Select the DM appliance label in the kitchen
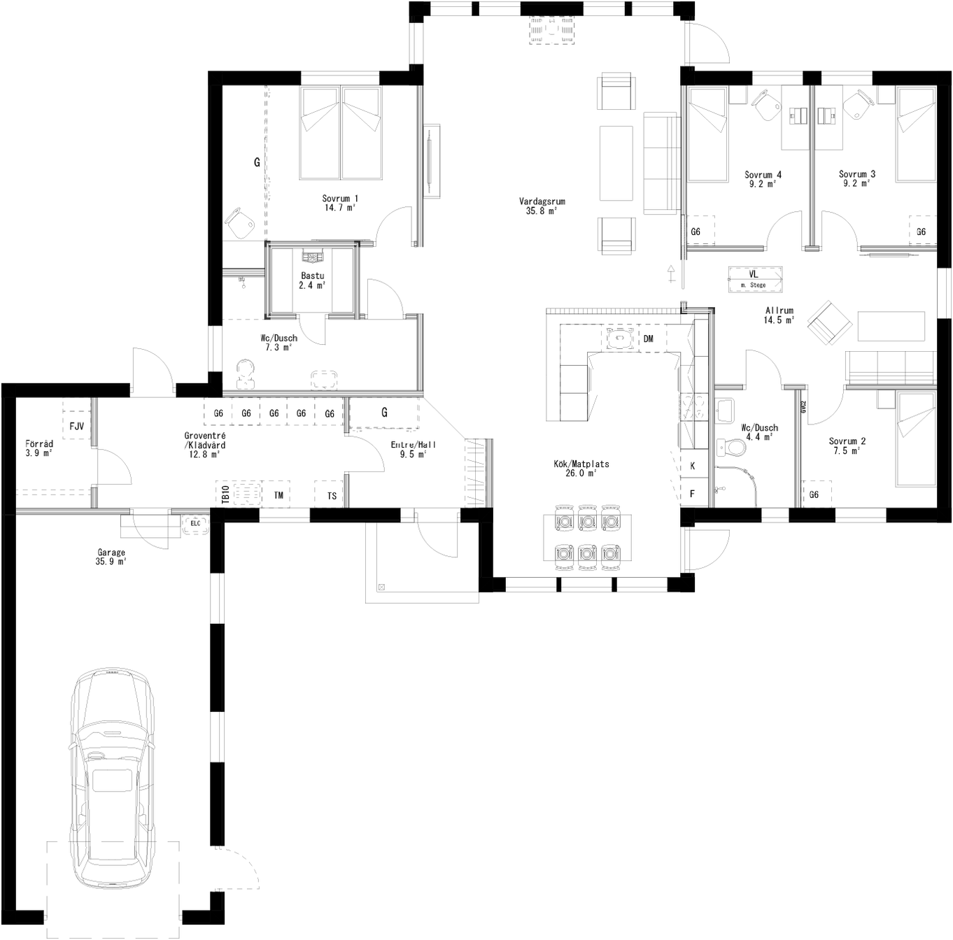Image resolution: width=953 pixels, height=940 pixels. [648, 339]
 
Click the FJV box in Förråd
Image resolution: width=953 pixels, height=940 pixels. [76, 426]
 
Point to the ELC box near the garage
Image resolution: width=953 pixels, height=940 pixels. [195, 522]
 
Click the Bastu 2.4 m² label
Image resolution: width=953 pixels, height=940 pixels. [312, 280]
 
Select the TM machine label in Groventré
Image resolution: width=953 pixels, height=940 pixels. [278, 495]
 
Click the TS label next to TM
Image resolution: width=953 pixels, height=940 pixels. [332, 496]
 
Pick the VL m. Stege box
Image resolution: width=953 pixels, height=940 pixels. [754, 279]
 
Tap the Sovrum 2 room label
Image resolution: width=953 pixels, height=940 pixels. [847, 446]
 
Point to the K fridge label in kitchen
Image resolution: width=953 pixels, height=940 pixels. [693, 466]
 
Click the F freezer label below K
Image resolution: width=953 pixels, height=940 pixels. [693, 494]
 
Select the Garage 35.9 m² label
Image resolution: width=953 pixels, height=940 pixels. [111, 557]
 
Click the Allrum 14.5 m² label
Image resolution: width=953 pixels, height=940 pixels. [779, 315]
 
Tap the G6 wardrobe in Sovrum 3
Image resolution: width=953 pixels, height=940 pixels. [921, 232]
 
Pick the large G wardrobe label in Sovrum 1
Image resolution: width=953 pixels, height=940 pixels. [257, 162]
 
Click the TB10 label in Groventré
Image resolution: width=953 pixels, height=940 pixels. [225, 495]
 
